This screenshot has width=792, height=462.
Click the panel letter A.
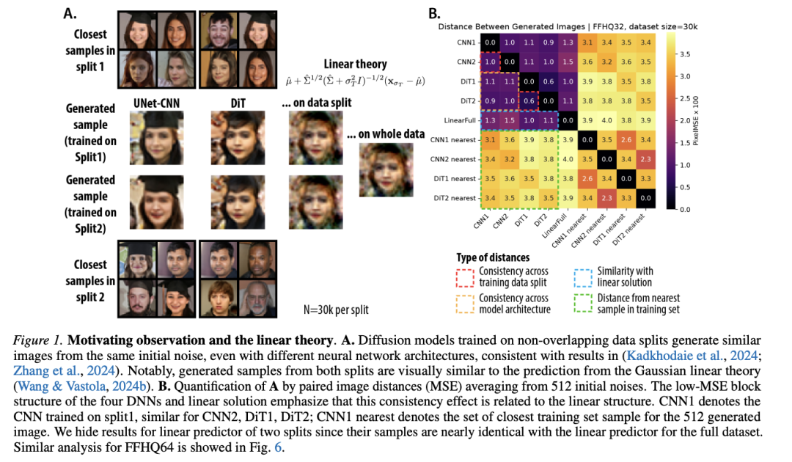pos(70,14)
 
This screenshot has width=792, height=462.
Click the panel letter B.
pos(434,14)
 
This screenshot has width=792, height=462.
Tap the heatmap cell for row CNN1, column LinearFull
pos(568,43)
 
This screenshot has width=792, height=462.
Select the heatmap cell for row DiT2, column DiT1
pos(529,101)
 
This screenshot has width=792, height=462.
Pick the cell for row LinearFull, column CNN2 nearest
pos(606,120)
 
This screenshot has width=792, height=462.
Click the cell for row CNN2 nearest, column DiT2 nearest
pos(645,160)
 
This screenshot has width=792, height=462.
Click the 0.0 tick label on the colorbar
pos(684,210)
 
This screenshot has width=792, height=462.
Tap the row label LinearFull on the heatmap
pos(460,121)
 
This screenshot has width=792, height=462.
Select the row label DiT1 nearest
pos(455,179)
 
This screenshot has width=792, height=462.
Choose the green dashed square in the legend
pos(583,304)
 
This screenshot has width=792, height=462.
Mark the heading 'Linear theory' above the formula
pos(355,64)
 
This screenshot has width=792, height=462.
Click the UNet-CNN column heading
pos(156,103)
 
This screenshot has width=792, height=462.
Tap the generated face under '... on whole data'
pos(386,170)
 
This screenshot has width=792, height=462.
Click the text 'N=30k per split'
pos(336,309)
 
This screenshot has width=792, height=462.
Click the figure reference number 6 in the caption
pos(278,448)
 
